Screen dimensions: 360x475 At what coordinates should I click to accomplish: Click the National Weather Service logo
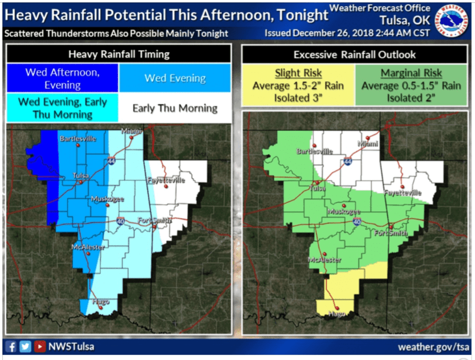tap(453, 21)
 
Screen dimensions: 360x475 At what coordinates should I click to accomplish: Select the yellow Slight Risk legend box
tap(298, 86)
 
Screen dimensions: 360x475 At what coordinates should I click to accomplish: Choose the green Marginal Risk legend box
tap(411, 86)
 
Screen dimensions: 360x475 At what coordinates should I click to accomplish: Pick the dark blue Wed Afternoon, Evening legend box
tap(62, 78)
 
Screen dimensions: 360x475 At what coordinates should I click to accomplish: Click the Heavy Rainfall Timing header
tap(119, 54)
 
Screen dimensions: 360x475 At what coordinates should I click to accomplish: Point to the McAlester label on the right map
tap(325, 260)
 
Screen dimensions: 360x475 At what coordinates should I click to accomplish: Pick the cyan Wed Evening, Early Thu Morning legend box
tap(62, 108)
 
